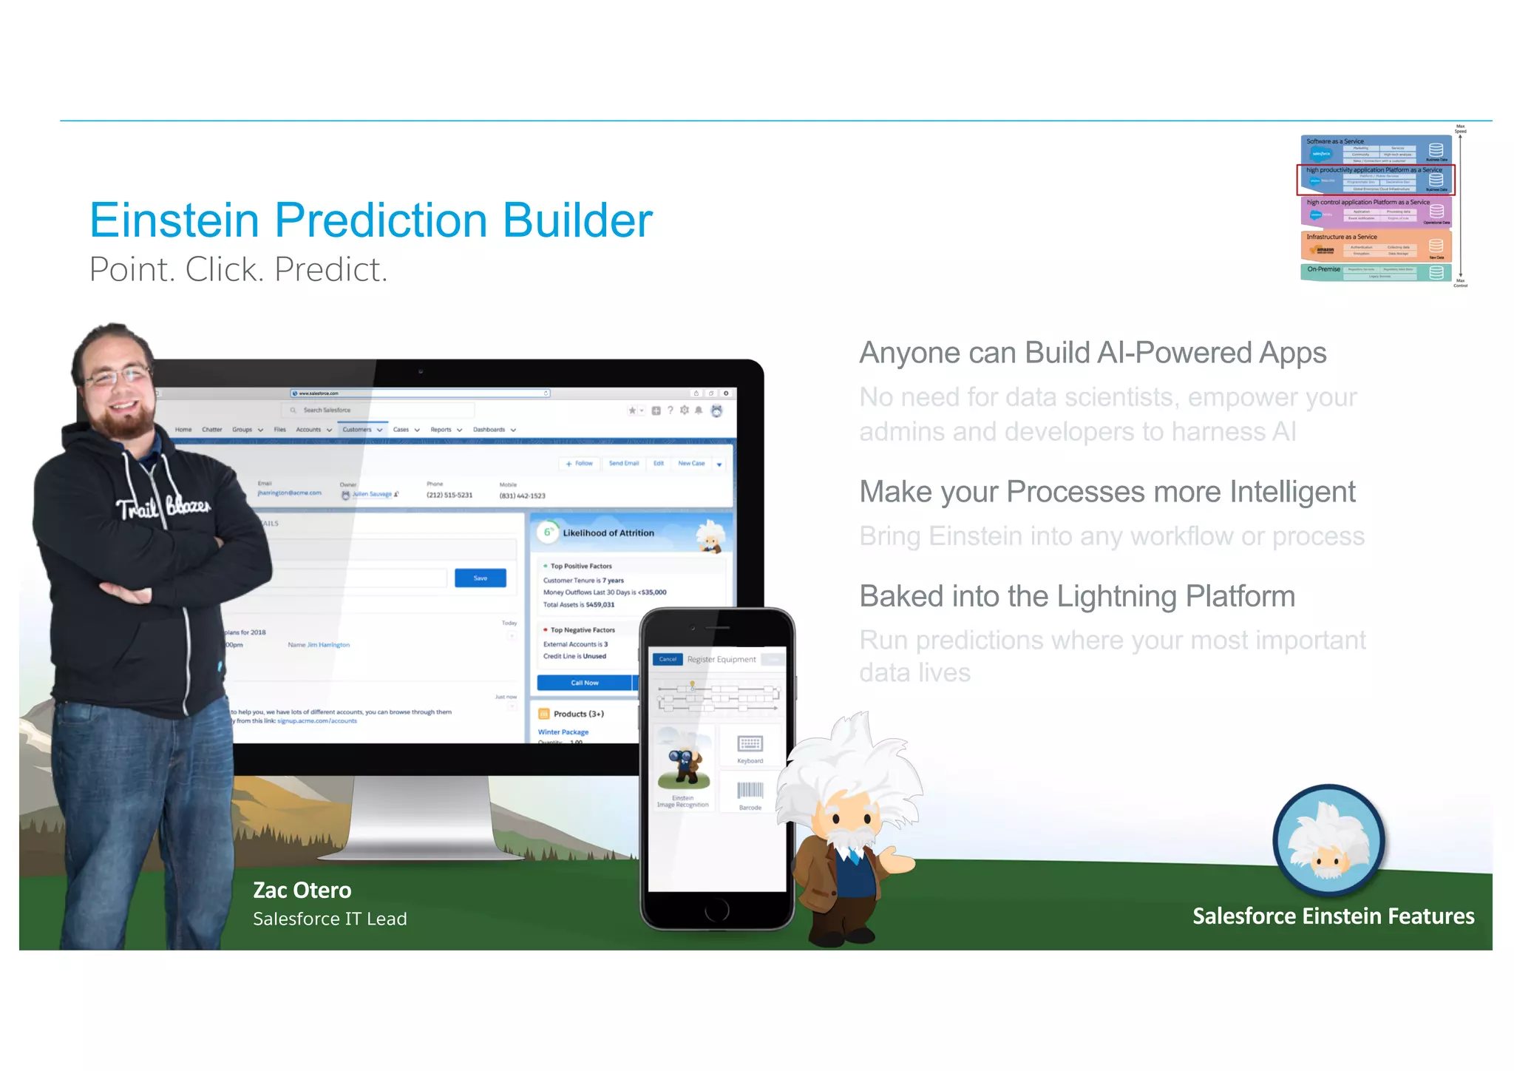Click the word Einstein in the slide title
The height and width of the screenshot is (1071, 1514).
click(x=174, y=220)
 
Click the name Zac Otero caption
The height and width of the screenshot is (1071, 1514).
click(x=302, y=890)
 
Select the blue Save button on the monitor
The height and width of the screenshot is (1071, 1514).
click(x=480, y=578)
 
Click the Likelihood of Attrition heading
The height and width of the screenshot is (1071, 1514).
click(x=608, y=533)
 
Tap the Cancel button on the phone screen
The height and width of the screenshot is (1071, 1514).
click(x=668, y=659)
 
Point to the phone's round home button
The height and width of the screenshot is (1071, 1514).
click(x=716, y=910)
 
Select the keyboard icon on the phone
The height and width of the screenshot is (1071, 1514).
click(x=750, y=744)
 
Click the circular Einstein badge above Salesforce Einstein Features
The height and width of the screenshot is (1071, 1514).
click(x=1328, y=841)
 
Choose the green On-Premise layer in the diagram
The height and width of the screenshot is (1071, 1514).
click(x=1375, y=272)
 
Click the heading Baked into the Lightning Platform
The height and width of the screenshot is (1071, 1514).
click(x=1076, y=596)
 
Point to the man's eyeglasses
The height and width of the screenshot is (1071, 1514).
click(x=118, y=376)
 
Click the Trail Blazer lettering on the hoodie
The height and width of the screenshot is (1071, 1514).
click(x=163, y=507)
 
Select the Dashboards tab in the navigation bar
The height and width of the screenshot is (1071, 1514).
click(x=489, y=430)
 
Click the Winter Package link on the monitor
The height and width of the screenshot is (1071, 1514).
click(x=563, y=732)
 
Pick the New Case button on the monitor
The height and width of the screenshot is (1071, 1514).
click(x=691, y=464)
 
